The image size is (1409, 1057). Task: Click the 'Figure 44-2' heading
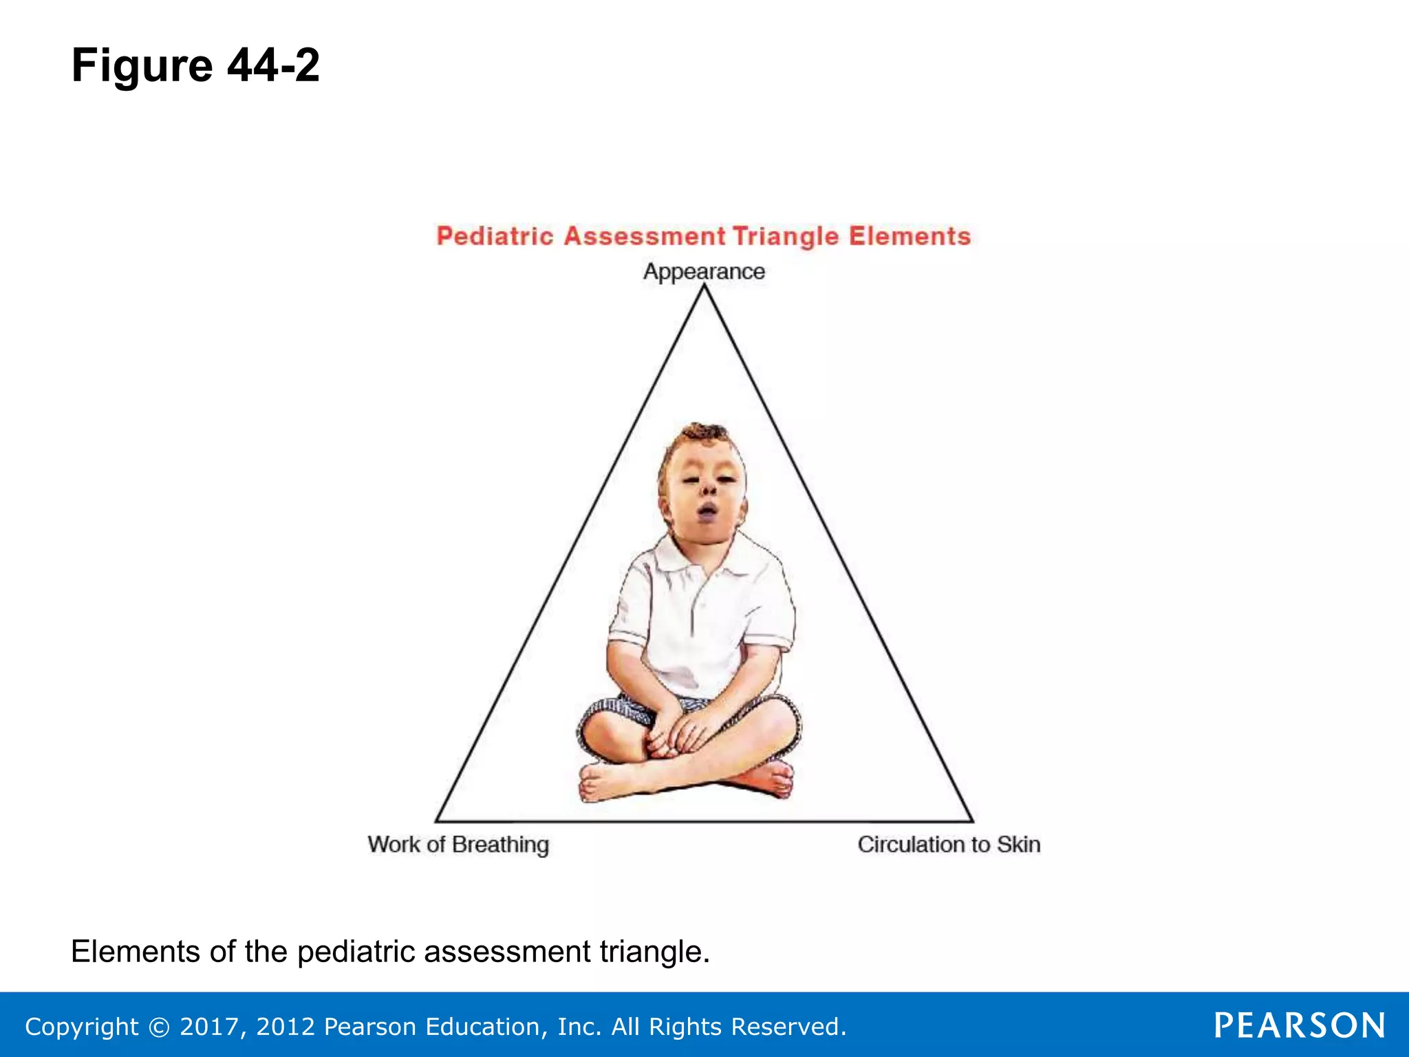pyautogui.click(x=195, y=65)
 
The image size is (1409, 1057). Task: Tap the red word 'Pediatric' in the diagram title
pyautogui.click(x=495, y=236)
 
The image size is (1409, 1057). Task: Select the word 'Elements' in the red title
pyautogui.click(x=909, y=236)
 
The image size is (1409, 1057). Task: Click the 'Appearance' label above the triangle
pyautogui.click(x=704, y=271)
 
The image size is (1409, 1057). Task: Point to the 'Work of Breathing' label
pyautogui.click(x=458, y=844)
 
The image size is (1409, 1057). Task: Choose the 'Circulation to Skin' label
pyautogui.click(x=949, y=844)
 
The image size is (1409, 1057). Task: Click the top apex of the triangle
pyautogui.click(x=704, y=288)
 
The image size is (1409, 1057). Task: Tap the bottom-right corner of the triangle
pyautogui.click(x=971, y=820)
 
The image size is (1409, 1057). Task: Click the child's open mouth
pyautogui.click(x=707, y=511)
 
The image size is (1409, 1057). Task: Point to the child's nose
pyautogui.click(x=709, y=487)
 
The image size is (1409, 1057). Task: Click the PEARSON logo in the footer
pyautogui.click(x=1299, y=1025)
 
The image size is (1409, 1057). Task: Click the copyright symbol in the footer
pyautogui.click(x=159, y=1027)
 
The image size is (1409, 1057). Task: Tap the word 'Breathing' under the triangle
pyautogui.click(x=500, y=844)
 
